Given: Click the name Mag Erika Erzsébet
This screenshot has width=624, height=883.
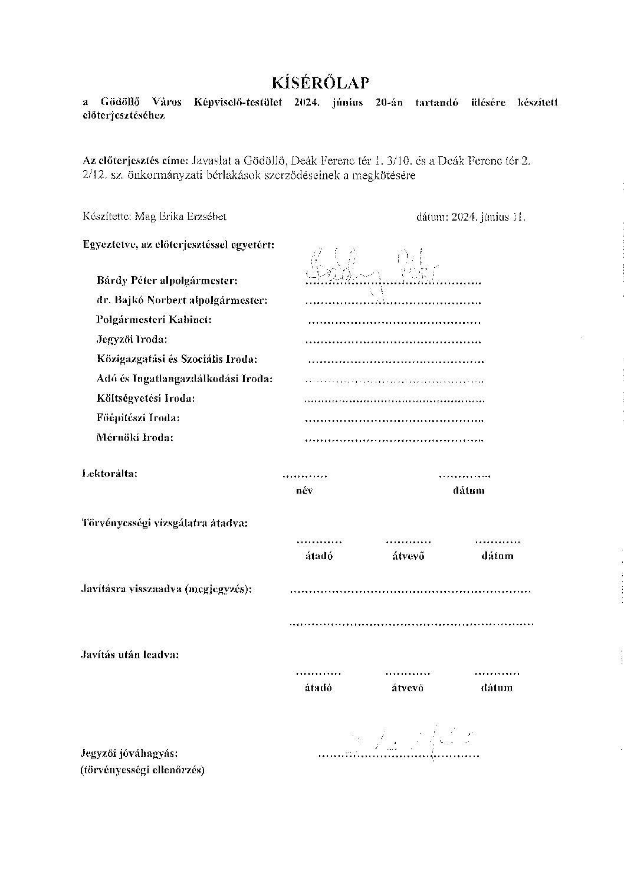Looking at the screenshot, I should point(180,216).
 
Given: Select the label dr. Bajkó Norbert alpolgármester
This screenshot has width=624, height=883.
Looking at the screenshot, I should point(182,300).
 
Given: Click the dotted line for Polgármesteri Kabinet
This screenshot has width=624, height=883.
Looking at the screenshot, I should point(395,323).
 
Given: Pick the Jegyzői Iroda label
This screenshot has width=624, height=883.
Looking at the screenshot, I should point(132,339).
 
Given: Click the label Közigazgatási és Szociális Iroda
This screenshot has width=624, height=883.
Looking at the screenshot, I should point(177,359).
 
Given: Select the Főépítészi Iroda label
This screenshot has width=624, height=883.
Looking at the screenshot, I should point(138,418).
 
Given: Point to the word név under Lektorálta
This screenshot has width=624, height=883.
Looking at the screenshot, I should point(305,491).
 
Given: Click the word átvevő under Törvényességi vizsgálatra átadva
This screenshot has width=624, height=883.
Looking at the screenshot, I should point(408,556).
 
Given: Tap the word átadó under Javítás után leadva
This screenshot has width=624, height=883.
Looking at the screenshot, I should point(318,688).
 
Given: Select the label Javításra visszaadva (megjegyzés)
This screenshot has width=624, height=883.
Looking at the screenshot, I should point(166,589).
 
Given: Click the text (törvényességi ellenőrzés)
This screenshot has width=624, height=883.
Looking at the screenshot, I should point(142,770).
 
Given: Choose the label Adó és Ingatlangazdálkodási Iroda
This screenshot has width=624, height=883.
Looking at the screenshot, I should point(185,378).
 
